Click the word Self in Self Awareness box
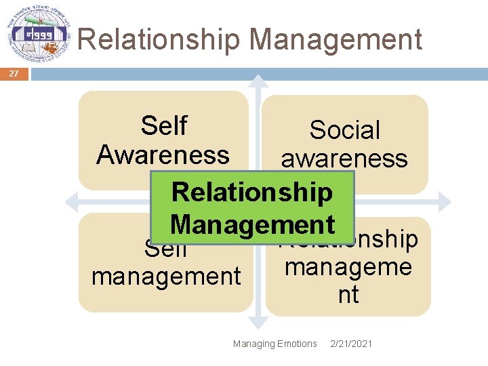point(163,125)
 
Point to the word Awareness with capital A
point(163,155)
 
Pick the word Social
point(344,129)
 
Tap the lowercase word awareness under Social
point(344,159)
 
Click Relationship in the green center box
point(252,192)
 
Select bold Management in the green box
point(252,224)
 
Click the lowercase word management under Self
point(166,276)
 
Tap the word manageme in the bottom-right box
point(348,266)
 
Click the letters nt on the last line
point(348,295)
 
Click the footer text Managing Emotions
point(274,344)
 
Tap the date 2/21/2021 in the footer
point(350,344)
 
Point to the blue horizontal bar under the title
point(258,73)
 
